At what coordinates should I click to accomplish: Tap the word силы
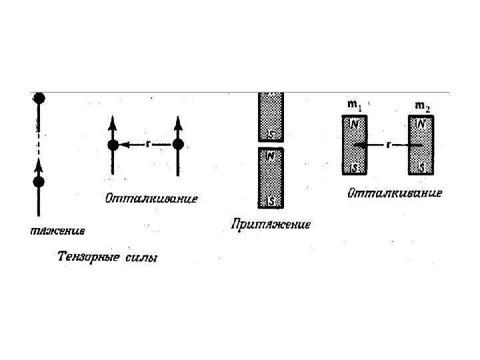[x=142, y=257]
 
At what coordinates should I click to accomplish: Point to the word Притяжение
[x=271, y=224]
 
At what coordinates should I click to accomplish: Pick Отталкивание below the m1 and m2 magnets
[x=395, y=193]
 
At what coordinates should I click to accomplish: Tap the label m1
[x=355, y=105]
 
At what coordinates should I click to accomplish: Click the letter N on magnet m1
[x=355, y=123]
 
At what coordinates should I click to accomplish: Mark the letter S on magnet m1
[x=355, y=167]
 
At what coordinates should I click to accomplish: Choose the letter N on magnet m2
[x=420, y=123]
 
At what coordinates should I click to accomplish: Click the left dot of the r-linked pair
[x=113, y=144]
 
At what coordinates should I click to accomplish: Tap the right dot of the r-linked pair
[x=177, y=144]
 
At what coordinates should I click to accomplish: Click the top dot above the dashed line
[x=39, y=98]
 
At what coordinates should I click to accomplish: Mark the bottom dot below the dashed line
[x=39, y=181]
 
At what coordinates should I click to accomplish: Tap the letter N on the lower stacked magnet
[x=271, y=156]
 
